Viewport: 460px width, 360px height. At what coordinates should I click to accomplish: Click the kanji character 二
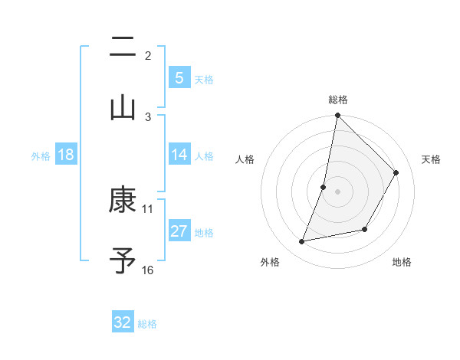[123, 47]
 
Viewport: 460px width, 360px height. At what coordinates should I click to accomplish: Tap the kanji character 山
[123, 106]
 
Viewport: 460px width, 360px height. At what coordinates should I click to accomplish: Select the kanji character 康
[123, 201]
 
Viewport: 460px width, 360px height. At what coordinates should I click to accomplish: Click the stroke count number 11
[148, 208]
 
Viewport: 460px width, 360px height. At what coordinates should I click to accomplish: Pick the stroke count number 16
[148, 270]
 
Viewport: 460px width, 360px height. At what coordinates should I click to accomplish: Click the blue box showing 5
[179, 78]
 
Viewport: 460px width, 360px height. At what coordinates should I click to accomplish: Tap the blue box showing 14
[179, 155]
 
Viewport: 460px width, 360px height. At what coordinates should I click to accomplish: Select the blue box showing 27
[179, 231]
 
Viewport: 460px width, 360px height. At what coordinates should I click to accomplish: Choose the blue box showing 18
[66, 155]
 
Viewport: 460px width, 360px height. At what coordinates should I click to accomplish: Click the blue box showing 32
[123, 322]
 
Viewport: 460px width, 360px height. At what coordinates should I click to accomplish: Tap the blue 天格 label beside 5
[204, 79]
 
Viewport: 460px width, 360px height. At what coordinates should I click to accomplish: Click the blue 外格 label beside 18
[41, 155]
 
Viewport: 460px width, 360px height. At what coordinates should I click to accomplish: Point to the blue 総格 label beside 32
[147, 324]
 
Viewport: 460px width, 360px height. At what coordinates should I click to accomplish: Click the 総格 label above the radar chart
[338, 100]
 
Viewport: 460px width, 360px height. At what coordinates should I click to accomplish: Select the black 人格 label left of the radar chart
[245, 159]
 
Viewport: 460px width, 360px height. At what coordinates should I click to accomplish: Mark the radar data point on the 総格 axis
[337, 115]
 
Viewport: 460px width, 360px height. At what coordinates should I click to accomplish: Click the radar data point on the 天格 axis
[396, 172]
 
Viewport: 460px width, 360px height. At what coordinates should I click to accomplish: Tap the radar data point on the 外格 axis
[302, 242]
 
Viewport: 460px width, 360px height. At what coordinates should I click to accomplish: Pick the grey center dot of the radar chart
[337, 191]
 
